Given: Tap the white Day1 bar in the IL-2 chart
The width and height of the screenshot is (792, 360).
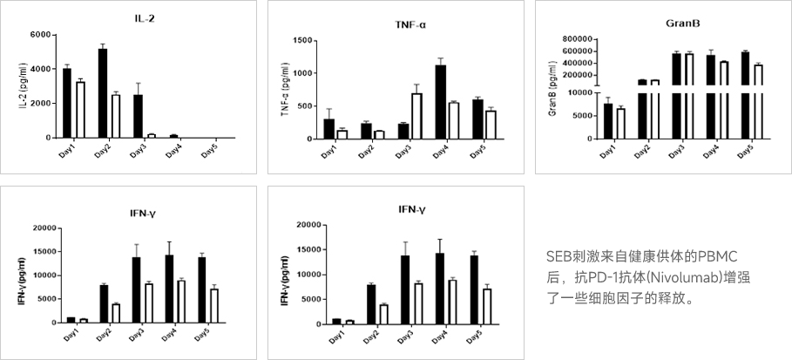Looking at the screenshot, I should pos(80,109).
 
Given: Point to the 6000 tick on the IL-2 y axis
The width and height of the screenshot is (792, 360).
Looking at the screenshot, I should pos(40,35).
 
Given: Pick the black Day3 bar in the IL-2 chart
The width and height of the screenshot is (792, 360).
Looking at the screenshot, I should pos(138,116).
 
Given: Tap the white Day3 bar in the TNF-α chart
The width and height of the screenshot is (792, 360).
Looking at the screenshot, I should pos(416,116).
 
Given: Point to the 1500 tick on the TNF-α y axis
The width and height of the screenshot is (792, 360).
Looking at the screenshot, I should pos(301,40).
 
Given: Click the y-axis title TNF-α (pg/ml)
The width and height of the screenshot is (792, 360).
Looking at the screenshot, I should pos(285,90).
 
